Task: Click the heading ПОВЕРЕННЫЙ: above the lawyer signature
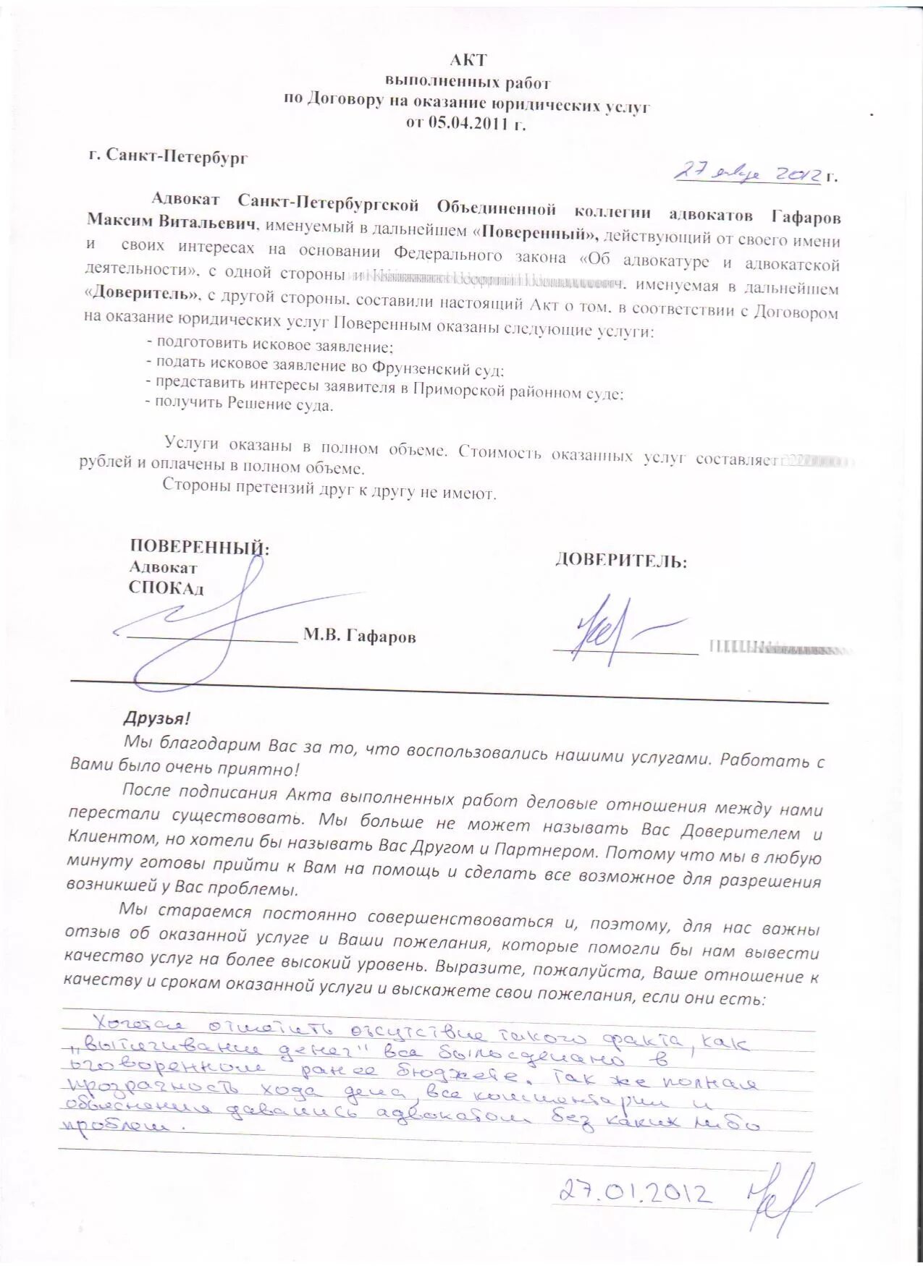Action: point(199,546)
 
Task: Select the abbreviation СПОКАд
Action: point(166,587)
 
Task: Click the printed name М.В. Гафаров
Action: point(360,637)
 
